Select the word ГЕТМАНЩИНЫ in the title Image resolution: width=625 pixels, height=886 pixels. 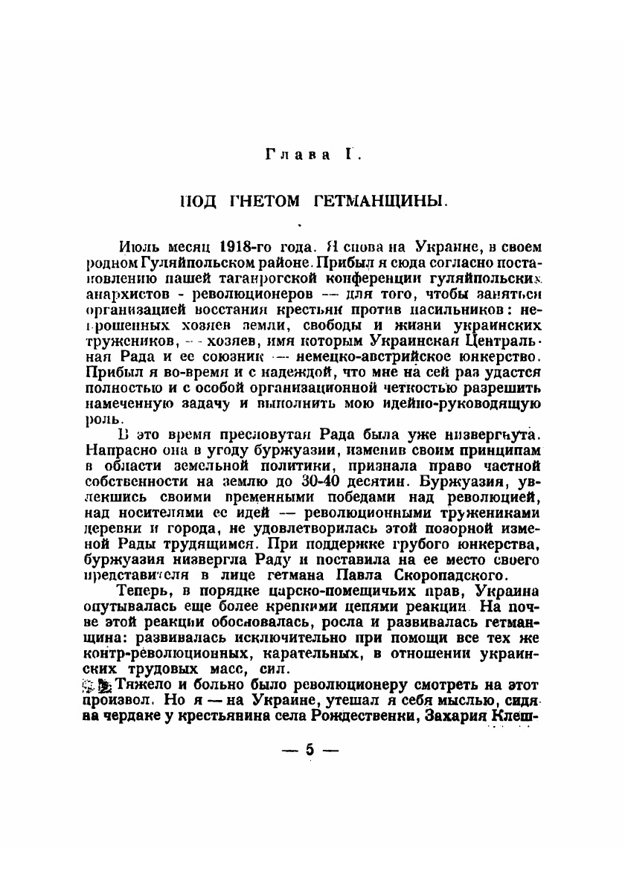coord(379,201)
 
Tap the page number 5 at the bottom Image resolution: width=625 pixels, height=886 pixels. coord(310,751)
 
